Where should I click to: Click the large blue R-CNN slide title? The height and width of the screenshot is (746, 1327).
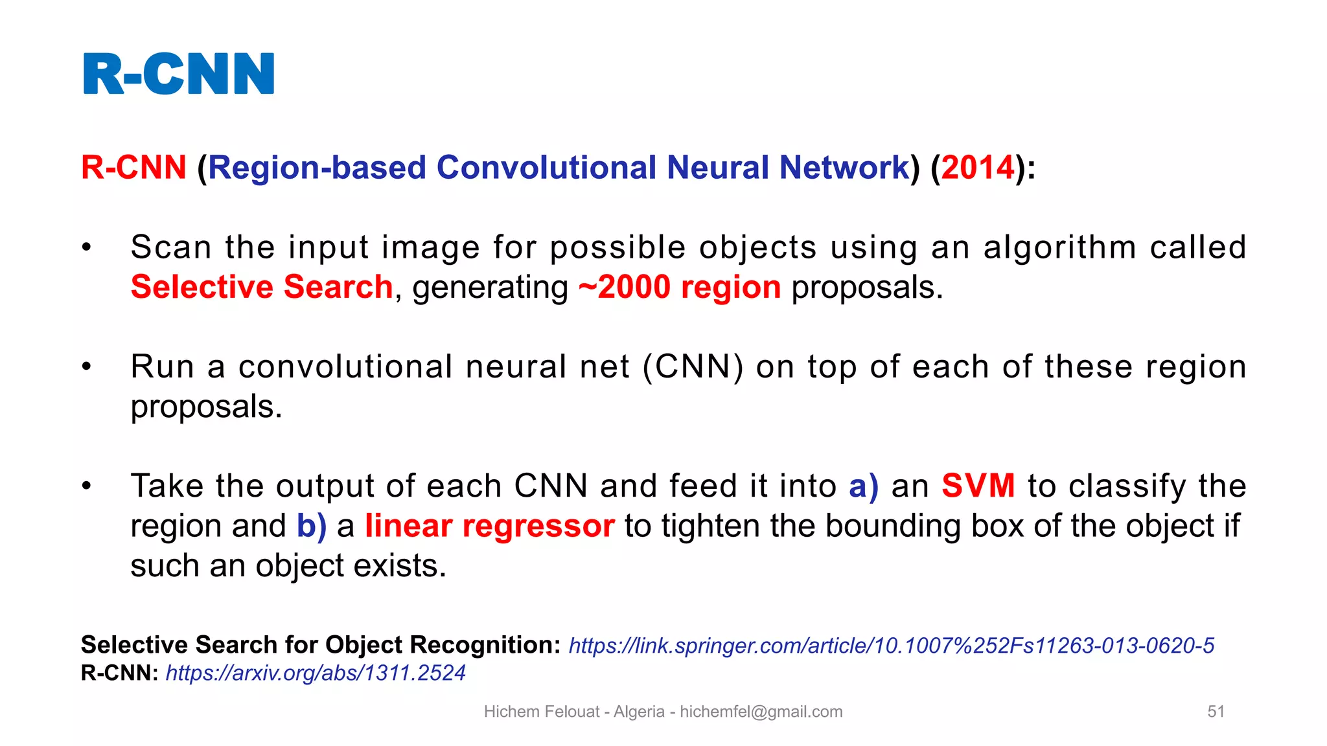tap(179, 74)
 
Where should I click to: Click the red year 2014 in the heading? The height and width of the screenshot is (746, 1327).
tap(978, 168)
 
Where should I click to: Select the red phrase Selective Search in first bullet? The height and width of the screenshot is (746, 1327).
tap(261, 287)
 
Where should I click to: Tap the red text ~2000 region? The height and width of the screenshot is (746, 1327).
tap(680, 287)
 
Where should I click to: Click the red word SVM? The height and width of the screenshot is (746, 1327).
tap(978, 486)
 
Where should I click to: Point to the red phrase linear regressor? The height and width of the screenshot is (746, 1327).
tap(489, 526)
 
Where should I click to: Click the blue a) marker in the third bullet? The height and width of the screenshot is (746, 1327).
tap(864, 486)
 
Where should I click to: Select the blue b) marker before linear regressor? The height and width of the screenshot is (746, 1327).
tap(312, 526)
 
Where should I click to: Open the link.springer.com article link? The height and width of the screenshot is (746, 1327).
tap(891, 646)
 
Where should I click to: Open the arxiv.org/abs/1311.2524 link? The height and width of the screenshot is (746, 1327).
tap(316, 673)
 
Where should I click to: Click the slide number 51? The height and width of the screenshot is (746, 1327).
tap(1216, 712)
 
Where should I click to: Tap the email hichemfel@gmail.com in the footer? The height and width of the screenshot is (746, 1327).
tap(761, 712)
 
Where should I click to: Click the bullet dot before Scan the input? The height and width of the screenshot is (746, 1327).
tap(87, 247)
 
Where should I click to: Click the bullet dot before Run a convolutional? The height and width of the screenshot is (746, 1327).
tap(87, 367)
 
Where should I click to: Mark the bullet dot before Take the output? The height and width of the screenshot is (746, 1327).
tap(87, 486)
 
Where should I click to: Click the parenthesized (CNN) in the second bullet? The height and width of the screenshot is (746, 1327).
tap(693, 367)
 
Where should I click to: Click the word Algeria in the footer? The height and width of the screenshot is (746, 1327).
tap(639, 712)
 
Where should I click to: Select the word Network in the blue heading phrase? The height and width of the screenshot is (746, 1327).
tap(844, 168)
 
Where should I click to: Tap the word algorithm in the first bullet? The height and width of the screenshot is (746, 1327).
tap(1059, 247)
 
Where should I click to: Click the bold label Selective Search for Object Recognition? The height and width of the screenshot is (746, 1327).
tap(321, 645)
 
